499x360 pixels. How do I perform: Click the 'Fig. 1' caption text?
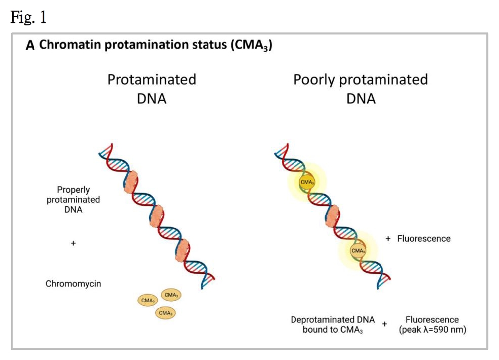[x=28, y=18]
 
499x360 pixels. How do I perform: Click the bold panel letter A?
[x=30, y=46]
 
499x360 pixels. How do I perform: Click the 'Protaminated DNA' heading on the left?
[x=152, y=89]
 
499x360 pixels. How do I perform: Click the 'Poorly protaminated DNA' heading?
[x=361, y=89]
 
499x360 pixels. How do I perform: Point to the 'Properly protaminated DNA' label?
[x=73, y=200]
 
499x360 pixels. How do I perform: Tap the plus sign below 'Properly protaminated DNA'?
[x=73, y=243]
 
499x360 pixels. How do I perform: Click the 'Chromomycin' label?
[x=73, y=284]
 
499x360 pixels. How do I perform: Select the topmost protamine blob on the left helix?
[x=131, y=182]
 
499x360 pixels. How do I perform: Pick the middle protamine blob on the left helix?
[x=156, y=217]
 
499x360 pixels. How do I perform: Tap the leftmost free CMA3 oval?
[x=148, y=300]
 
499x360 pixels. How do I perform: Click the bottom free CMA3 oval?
[x=165, y=313]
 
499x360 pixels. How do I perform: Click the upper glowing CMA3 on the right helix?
[x=306, y=182]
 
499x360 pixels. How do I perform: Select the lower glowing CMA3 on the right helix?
[x=358, y=250]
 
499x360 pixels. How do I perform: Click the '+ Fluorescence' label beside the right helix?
[x=418, y=238]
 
